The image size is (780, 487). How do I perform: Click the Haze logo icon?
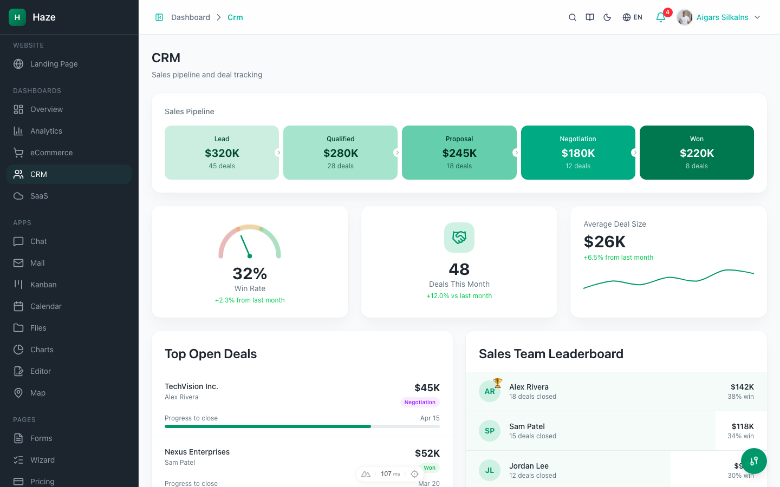click(17, 17)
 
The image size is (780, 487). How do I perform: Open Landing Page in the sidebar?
click(54, 64)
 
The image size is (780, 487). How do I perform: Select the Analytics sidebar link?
click(46, 131)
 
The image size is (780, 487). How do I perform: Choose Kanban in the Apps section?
click(43, 285)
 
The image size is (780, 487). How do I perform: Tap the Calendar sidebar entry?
click(46, 306)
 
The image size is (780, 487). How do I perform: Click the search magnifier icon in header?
click(572, 17)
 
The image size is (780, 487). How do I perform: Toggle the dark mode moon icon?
click(607, 17)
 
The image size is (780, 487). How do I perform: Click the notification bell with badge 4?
click(661, 17)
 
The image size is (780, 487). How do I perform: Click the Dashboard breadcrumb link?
click(190, 17)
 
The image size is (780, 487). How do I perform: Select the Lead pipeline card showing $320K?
click(222, 153)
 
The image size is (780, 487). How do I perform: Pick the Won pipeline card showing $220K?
click(697, 153)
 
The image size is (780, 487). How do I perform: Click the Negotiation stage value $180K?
click(578, 153)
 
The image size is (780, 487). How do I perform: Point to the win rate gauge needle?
click(245, 246)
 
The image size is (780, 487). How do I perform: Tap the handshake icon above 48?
click(459, 238)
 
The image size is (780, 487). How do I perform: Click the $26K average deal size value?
click(604, 241)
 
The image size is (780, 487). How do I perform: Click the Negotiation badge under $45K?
click(420, 402)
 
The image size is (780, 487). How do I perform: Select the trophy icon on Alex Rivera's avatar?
click(498, 383)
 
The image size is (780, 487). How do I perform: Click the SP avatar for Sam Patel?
click(490, 431)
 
